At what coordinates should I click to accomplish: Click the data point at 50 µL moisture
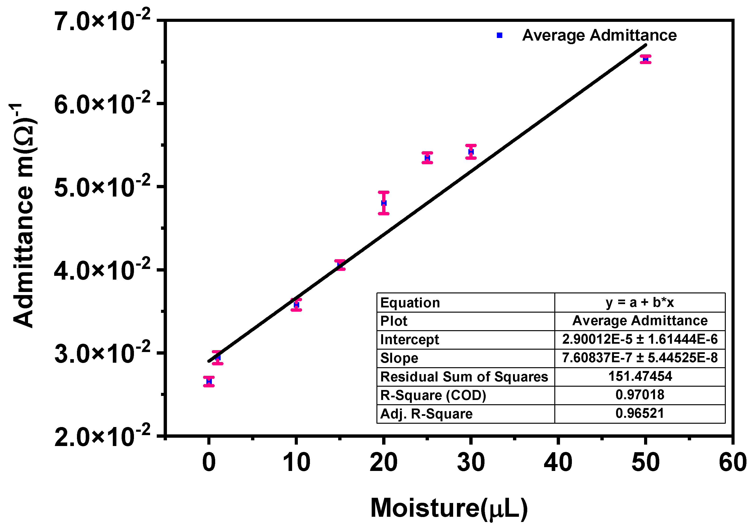point(646,59)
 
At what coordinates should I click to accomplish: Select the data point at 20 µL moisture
point(383,203)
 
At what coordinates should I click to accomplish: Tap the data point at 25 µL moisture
point(427,158)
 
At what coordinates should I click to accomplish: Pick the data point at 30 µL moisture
point(471,151)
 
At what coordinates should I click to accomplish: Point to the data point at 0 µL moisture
point(209,381)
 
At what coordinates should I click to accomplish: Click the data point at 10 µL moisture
point(296,305)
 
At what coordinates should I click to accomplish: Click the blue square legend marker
point(499,35)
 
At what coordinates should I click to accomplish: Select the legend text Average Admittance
point(599,35)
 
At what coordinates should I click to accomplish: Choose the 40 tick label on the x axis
point(558,462)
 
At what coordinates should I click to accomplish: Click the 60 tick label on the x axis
point(733,462)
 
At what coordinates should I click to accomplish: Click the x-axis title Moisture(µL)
point(449,508)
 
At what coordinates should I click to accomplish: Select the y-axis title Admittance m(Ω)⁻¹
point(24,215)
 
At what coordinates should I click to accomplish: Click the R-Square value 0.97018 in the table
point(640,395)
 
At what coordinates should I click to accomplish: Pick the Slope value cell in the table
point(640,357)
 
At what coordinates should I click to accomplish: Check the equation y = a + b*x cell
point(640,302)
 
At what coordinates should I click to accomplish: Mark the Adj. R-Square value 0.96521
point(640,413)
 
